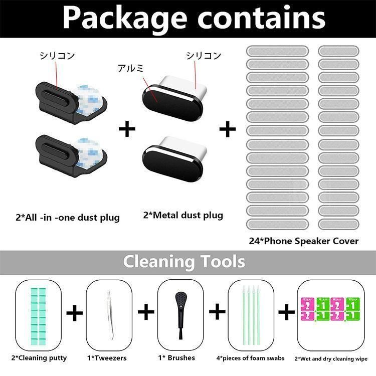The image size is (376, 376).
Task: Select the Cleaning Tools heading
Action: (184, 261)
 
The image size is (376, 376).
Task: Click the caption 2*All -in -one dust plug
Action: (67, 218)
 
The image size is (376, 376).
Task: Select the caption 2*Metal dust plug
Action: (183, 216)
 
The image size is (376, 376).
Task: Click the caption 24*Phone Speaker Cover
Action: (304, 241)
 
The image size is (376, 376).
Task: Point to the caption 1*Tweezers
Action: (106, 358)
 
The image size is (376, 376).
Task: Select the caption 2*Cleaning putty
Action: (40, 358)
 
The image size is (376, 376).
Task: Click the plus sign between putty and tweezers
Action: (74, 313)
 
